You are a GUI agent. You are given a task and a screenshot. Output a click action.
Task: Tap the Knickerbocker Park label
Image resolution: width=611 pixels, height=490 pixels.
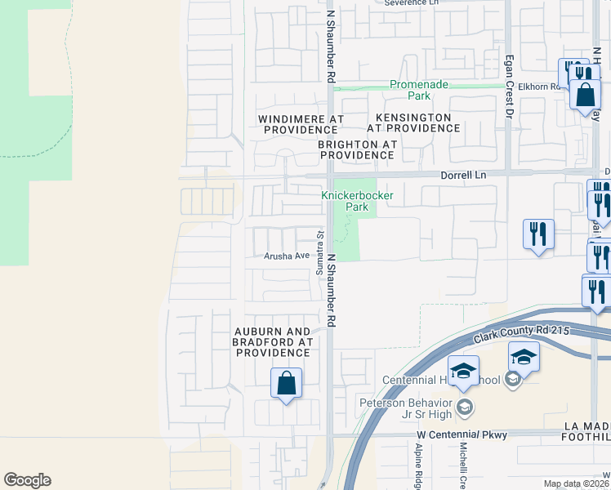pyautogui.click(x=357, y=201)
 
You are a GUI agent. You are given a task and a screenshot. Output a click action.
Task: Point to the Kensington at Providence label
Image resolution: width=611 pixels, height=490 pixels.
pyautogui.click(x=408, y=123)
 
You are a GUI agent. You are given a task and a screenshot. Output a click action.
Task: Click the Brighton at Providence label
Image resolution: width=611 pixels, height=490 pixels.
pyautogui.click(x=357, y=149)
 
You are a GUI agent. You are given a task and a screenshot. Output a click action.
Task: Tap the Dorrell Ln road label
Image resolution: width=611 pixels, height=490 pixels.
pyautogui.click(x=463, y=175)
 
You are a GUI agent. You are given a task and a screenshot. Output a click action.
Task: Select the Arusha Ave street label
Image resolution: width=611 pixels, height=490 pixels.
pyautogui.click(x=287, y=256)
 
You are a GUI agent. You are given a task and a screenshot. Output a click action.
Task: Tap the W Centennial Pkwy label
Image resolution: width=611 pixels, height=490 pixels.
pyautogui.click(x=462, y=434)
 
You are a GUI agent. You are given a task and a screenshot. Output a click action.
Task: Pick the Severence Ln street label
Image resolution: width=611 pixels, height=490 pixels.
pyautogui.click(x=417, y=2)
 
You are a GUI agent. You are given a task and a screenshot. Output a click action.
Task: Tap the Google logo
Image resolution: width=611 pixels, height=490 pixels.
pyautogui.click(x=27, y=480)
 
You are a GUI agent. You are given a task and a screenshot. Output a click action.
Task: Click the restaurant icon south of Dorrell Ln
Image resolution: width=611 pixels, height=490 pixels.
pyautogui.click(x=539, y=235)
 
